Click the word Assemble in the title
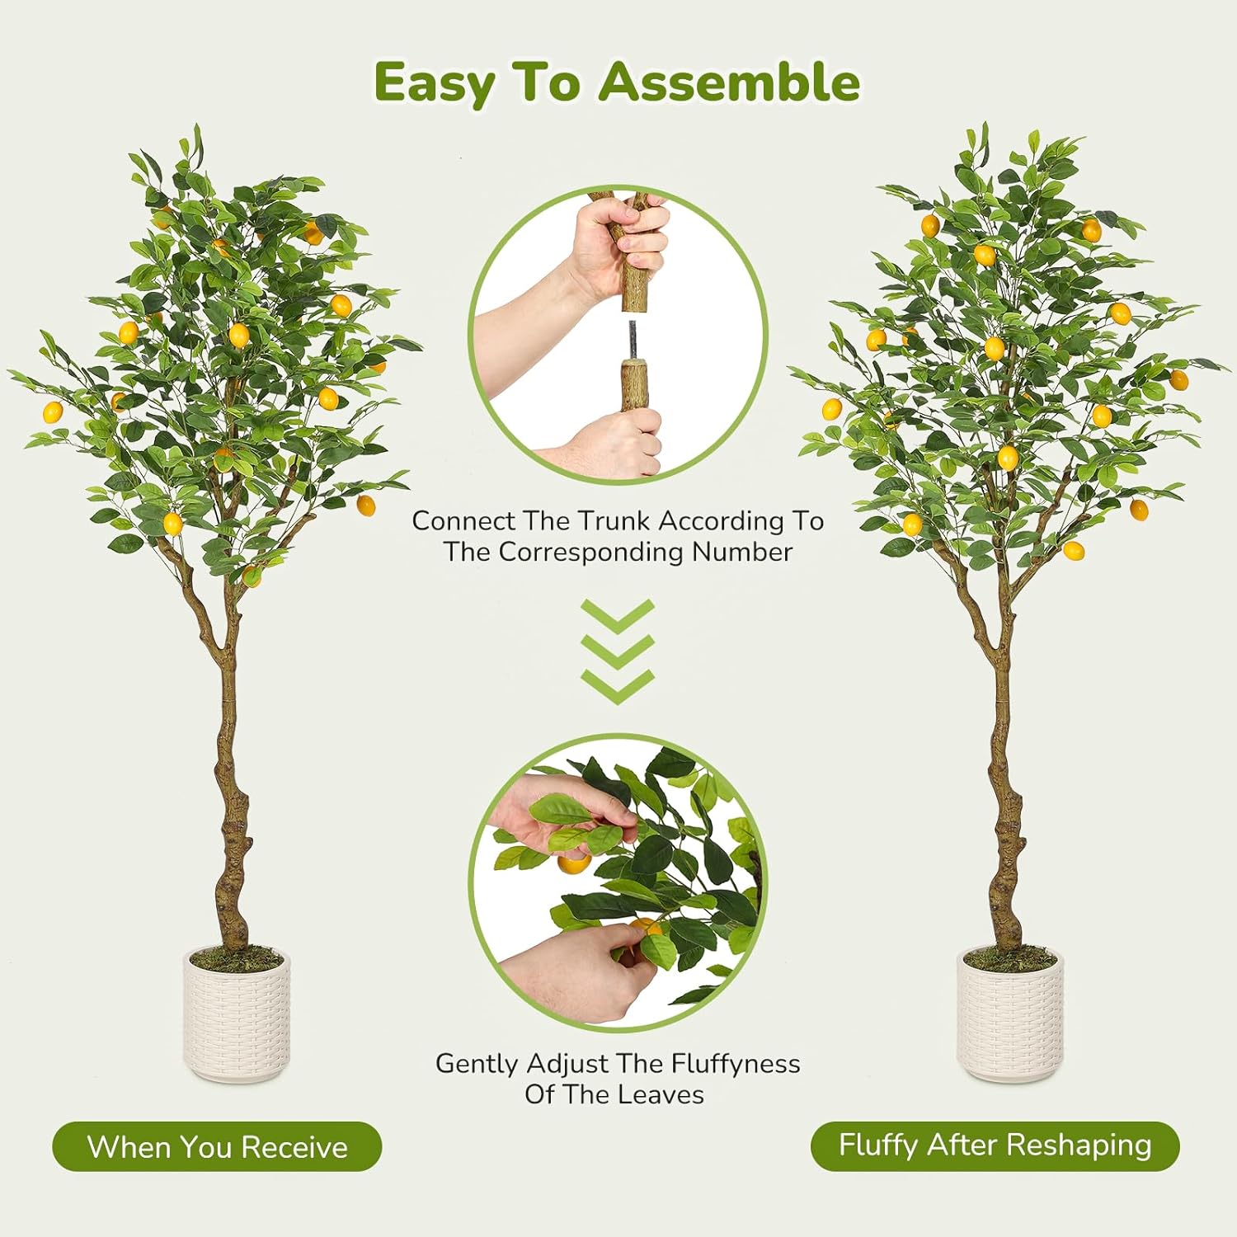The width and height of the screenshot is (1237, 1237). point(729,82)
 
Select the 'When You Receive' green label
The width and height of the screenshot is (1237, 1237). point(217,1146)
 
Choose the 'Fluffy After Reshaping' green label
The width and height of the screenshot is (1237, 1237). point(995,1145)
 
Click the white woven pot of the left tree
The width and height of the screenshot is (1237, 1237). point(237,1016)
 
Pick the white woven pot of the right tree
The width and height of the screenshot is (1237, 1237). point(1010,1016)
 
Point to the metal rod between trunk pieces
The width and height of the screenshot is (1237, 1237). point(633,339)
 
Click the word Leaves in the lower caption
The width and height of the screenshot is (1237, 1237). point(662,1094)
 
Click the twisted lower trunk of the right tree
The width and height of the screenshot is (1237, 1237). point(1005,833)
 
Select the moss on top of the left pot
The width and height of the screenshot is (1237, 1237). point(237,957)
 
